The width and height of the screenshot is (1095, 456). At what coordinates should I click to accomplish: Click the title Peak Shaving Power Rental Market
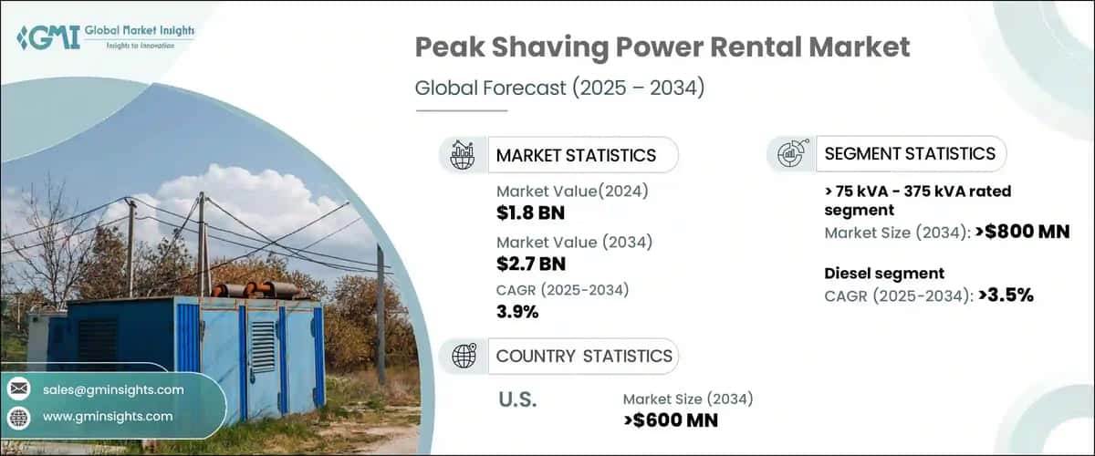[x=662, y=48]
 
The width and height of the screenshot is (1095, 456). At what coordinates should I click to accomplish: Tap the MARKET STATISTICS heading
[x=575, y=155]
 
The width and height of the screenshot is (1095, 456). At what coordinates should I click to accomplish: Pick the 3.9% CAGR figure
[x=517, y=312]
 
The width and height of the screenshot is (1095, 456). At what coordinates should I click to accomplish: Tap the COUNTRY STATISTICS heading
[x=584, y=356]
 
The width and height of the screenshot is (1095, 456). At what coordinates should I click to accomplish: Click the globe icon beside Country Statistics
[x=464, y=357]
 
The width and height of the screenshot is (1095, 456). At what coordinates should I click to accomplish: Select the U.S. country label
[x=516, y=399]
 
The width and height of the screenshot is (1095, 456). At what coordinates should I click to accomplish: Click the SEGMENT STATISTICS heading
[x=910, y=153]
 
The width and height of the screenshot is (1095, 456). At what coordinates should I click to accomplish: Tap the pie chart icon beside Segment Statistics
[x=790, y=154]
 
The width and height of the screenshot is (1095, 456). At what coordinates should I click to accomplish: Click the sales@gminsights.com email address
[x=113, y=389]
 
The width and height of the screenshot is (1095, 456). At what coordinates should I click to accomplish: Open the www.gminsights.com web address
[x=108, y=416]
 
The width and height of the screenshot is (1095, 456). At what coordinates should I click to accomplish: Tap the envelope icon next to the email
[x=18, y=389]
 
